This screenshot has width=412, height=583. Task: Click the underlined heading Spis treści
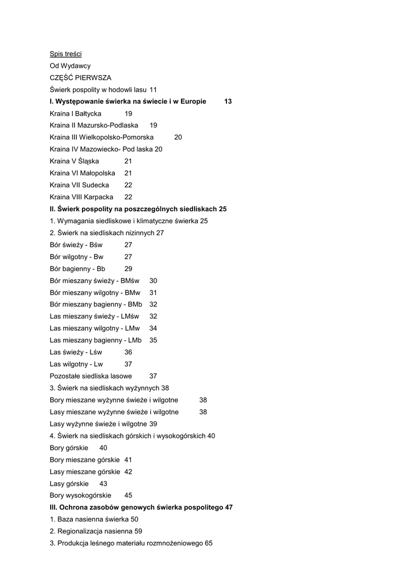click(65, 54)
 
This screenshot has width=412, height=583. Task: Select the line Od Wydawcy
click(70, 66)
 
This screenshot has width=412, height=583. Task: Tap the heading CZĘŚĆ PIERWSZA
click(80, 78)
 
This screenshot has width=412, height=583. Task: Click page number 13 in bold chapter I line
click(228, 101)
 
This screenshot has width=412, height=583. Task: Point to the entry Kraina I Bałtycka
click(76, 114)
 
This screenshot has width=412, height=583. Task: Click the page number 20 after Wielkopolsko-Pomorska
click(178, 138)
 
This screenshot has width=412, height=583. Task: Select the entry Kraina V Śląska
click(74, 162)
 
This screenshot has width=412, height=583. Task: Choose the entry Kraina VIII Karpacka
click(81, 197)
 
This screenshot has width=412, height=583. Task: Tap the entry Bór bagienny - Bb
click(77, 269)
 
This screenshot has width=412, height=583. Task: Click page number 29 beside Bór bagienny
click(128, 269)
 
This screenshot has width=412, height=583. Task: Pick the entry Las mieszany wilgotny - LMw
click(95, 329)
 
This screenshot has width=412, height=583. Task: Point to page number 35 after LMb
click(153, 340)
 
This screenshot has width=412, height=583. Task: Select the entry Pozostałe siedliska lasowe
click(90, 376)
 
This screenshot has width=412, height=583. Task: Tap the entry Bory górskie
click(69, 448)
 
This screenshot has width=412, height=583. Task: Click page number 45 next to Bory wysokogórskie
click(128, 495)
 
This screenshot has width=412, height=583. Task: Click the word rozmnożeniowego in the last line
click(175, 543)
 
